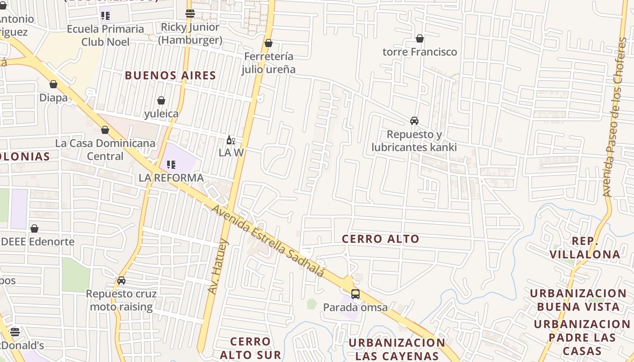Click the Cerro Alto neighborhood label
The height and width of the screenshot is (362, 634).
coord(380,239)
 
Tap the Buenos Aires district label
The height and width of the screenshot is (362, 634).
coord(170,76)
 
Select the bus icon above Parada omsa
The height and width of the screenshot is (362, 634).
coord(355,294)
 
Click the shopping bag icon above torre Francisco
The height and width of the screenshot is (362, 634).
coord(420,39)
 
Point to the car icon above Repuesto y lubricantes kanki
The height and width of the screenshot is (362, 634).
coord(414,121)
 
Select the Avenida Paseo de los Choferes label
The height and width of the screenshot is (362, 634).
coord(617,118)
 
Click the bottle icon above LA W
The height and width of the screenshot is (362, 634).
coord(231,140)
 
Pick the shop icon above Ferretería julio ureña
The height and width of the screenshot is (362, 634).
coord(269,43)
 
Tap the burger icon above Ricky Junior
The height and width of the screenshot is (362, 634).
coord(190,14)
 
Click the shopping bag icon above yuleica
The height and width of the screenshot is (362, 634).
coord(161,100)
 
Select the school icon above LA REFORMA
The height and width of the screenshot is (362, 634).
coord(171,165)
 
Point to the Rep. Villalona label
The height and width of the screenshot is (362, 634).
coord(585,248)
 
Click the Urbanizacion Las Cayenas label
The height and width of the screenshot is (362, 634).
coord(397,349)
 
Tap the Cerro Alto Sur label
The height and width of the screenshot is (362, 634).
coord(250,348)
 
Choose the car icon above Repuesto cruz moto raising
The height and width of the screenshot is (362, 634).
coord(121,281)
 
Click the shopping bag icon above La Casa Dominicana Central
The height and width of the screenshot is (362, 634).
coord(105,130)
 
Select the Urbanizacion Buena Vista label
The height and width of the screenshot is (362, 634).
coord(578,300)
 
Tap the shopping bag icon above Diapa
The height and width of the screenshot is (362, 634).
coord(53,85)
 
